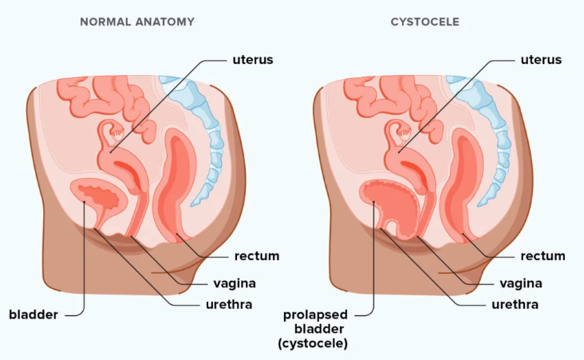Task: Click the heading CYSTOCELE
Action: pos(424,22)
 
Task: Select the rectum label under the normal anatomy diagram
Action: pos(256,256)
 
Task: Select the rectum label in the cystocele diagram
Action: pos(543,256)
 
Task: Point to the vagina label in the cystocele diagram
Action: pos(521,283)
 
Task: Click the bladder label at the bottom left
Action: pos(34,315)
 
